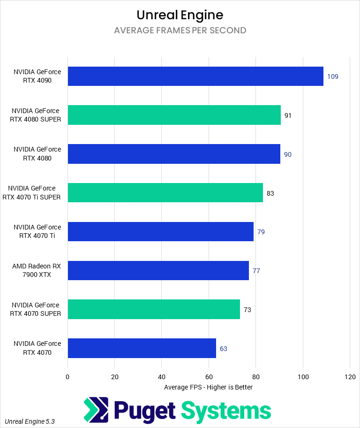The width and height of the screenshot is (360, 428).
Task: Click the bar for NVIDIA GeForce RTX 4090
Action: tap(195, 76)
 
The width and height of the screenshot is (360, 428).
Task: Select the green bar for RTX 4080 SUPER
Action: tap(174, 115)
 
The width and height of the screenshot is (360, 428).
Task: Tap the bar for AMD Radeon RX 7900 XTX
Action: tap(158, 270)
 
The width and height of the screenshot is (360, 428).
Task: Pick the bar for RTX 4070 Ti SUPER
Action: tap(165, 192)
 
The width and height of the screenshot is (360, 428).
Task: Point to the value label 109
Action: tap(333, 76)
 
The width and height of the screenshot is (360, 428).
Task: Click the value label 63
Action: tap(224, 349)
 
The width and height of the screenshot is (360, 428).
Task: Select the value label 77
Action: tap(256, 271)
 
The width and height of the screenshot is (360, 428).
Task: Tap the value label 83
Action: tap(270, 193)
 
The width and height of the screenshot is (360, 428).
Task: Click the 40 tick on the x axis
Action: tap(161, 376)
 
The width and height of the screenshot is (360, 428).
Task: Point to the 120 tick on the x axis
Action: tap(350, 376)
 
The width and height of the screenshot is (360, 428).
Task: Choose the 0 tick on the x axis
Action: tap(67, 376)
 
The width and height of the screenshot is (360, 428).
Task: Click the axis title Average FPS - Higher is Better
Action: tap(208, 387)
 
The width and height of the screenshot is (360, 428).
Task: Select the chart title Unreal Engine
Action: tap(180, 15)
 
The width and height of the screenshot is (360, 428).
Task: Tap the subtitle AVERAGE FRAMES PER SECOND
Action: tap(180, 31)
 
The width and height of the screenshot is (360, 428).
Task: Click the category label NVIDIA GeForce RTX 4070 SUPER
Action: tap(36, 309)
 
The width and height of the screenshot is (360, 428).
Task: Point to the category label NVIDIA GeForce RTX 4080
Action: tap(37, 153)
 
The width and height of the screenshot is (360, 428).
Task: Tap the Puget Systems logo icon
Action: tap(96, 410)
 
